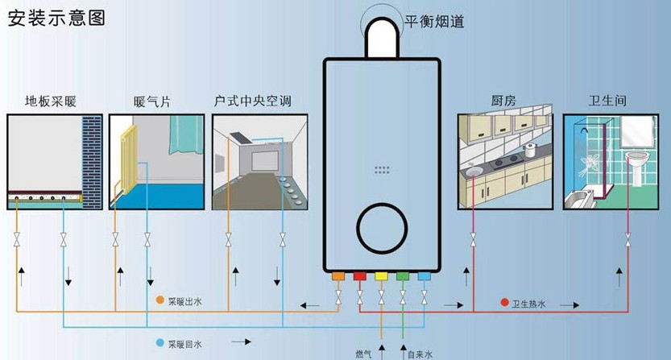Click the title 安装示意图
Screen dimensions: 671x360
click(56, 18)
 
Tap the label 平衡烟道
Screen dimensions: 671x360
click(434, 22)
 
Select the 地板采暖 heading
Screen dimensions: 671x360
click(51, 101)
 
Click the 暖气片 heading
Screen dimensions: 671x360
click(152, 101)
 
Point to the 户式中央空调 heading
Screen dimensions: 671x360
click(252, 101)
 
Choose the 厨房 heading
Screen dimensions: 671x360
click(503, 101)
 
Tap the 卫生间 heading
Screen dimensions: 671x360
click(607, 101)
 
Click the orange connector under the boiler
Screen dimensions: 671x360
click(338, 276)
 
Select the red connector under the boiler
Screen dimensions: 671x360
click(360, 276)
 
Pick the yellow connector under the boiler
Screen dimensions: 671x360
click(381, 276)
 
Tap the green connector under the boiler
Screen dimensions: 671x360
click(403, 276)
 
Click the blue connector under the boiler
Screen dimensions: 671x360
click(424, 276)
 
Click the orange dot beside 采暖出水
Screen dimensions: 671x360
click(160, 300)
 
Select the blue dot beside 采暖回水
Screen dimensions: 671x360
click(160, 343)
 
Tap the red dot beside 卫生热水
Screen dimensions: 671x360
click(504, 303)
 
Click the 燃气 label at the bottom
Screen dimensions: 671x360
click(364, 354)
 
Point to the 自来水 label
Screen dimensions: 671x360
click(420, 354)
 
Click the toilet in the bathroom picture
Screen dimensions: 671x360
click(636, 168)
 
